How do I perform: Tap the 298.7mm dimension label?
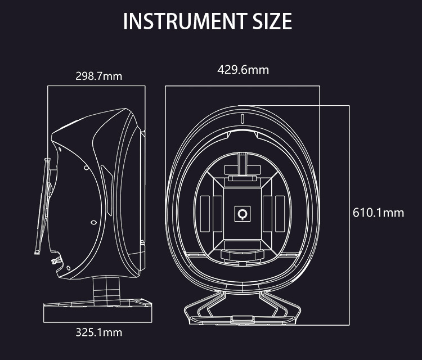[99, 76]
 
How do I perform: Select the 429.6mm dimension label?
[243, 70]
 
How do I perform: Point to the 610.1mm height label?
[378, 213]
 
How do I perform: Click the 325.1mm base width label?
[99, 332]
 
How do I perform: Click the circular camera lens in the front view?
[243, 214]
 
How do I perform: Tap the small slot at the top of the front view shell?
[243, 119]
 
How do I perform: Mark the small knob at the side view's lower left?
[55, 260]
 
